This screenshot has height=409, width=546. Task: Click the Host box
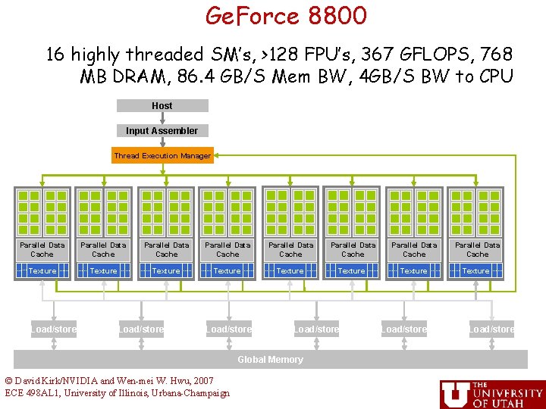coord(162,106)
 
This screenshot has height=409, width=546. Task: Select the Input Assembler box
coord(162,131)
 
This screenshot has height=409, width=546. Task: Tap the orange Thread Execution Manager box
coord(162,156)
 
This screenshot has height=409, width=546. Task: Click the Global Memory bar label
coord(270,360)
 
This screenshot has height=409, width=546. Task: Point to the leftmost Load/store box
coord(54,329)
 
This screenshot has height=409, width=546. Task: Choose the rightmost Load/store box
coord(491,329)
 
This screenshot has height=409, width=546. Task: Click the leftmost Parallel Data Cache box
coord(42,249)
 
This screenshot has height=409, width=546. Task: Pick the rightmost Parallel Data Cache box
coord(477,249)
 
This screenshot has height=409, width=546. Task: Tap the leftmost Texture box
coord(42,270)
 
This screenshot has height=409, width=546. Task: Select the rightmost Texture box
coord(475,270)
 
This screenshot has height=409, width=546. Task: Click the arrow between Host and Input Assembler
coord(162,118)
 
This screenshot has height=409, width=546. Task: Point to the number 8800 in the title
coord(337,15)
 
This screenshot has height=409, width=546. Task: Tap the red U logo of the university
coord(455,393)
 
